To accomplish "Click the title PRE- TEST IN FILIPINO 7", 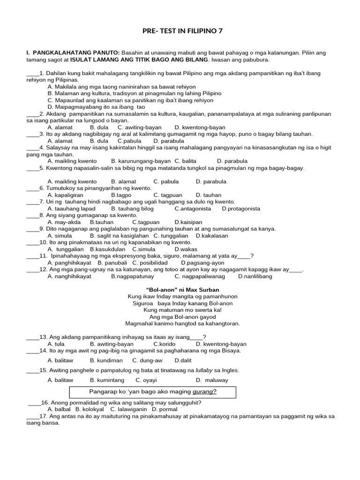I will coord(182,31).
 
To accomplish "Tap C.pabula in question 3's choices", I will coord(129,141).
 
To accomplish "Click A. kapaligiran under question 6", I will coord(66,195).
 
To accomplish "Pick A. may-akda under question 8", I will coord(64,222).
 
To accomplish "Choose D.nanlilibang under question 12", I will coord(255,276).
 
